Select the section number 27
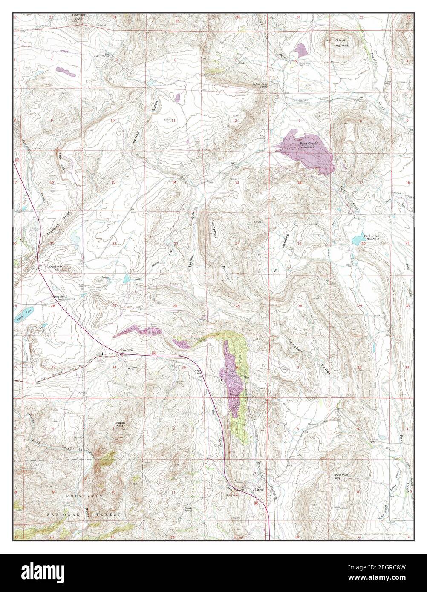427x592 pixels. [114, 305]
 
